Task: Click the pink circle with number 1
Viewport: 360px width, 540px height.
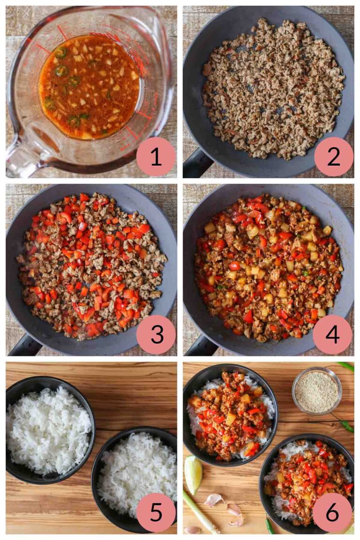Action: (156, 157)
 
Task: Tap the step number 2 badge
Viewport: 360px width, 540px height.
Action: (333, 157)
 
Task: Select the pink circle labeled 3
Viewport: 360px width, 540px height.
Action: (156, 334)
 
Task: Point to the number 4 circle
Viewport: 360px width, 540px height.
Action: (332, 334)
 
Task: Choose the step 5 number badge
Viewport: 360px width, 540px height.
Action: (156, 512)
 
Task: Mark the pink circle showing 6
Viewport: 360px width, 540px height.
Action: (332, 512)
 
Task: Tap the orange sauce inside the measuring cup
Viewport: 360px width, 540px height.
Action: (89, 87)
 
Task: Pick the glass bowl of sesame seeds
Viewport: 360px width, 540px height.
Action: (317, 390)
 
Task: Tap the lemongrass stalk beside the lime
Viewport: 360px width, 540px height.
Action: (200, 511)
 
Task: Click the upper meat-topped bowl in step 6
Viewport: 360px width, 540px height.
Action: (229, 414)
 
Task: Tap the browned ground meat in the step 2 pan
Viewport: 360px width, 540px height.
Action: (272, 89)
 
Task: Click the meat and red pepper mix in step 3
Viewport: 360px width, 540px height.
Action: (91, 265)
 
